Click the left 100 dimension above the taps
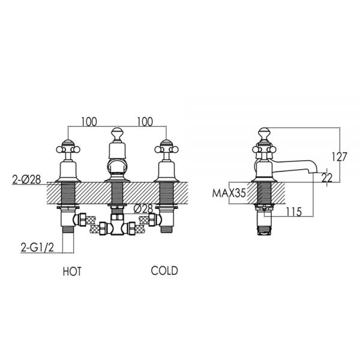point(89,122)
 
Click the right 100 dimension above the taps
point(145,122)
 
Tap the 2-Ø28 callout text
point(26,179)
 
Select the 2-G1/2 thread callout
point(37,247)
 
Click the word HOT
point(72,271)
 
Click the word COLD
point(164,271)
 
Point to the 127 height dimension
point(340,157)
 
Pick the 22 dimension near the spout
point(327,178)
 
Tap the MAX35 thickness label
point(229,193)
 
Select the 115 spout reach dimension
point(294,212)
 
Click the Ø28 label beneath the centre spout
point(143,209)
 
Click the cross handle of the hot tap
point(68,149)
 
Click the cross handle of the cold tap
point(166,149)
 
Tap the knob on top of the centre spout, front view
point(118,134)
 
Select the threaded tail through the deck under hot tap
point(68,193)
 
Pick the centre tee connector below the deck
point(117,224)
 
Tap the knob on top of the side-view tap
point(265,134)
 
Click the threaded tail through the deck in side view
point(265,193)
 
